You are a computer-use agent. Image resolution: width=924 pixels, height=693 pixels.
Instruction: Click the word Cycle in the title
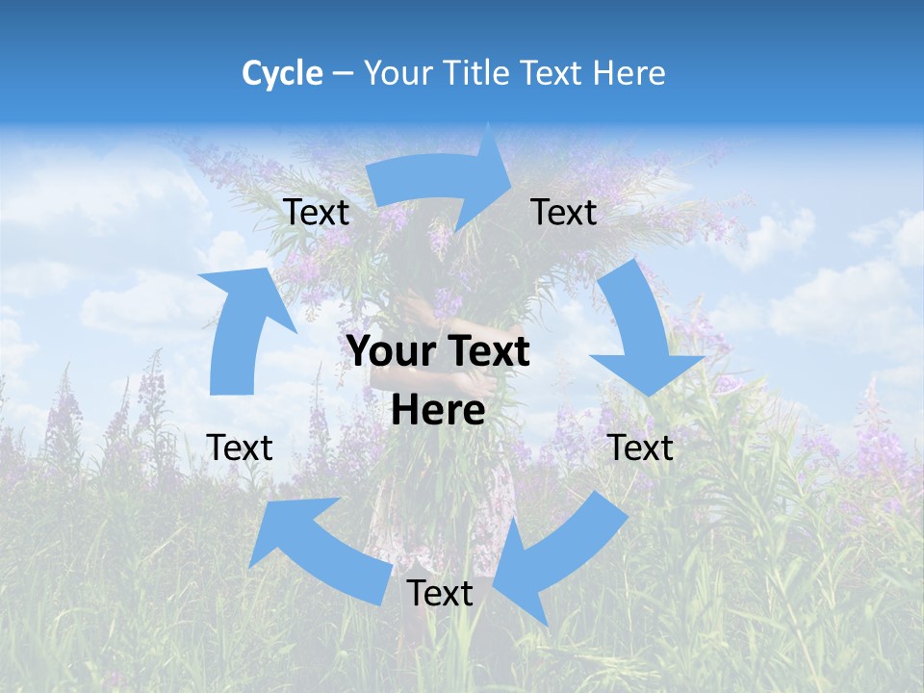coord(282,73)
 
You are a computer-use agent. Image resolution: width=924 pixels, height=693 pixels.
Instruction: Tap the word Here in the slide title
coord(629,73)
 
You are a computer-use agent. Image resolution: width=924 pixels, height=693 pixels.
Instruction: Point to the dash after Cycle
coord(344,74)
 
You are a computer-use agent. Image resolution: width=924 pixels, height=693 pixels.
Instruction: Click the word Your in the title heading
coord(398,73)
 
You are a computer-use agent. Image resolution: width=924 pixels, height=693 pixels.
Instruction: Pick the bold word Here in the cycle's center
coord(438,410)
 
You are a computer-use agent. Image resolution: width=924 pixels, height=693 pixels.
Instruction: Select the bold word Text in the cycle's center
coord(484,351)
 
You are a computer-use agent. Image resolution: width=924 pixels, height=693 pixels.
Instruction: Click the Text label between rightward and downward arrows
coord(564,212)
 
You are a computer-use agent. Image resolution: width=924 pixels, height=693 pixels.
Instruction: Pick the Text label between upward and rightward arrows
coord(317,212)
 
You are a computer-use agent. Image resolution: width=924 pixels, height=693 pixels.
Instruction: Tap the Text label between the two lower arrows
coord(440,593)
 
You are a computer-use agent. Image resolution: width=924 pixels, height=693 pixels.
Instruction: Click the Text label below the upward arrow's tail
coord(240,448)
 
